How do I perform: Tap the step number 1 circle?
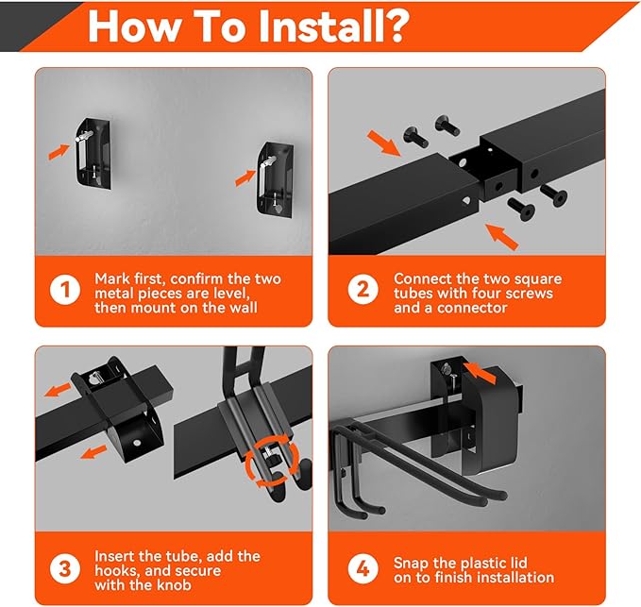pos(64,289)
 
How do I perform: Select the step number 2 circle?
pos(363,289)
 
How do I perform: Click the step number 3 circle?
pos(64,568)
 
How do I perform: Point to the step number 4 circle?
pos(363,568)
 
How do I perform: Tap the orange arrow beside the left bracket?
pos(59,150)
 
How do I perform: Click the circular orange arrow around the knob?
pos(274,463)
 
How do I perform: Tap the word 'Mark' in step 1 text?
pos(113,279)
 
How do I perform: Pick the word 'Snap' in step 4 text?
pos(413,562)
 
